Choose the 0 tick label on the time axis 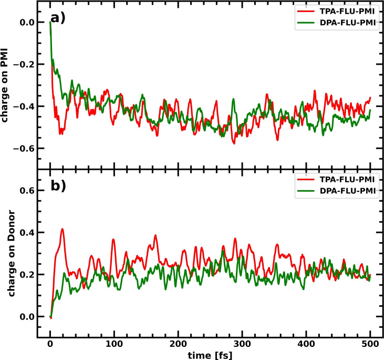[x=50, y=344]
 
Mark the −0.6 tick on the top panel [x=22, y=148]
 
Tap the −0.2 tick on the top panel [x=22, y=64]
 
